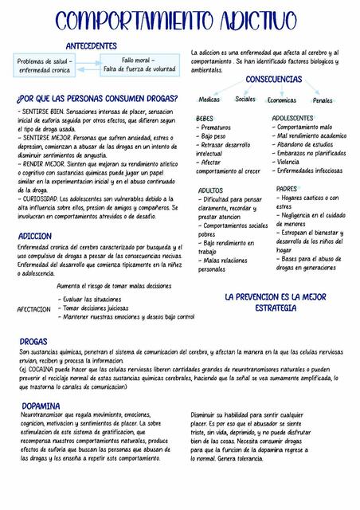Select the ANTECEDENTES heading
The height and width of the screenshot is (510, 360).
pyautogui.click(x=91, y=46)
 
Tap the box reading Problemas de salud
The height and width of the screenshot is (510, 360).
pyautogui.click(x=45, y=65)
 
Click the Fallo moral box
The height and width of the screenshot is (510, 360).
pyautogui.click(x=139, y=64)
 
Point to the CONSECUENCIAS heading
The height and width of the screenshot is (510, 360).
pyautogui.click(x=273, y=80)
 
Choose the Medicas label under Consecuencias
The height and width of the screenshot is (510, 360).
pyautogui.click(x=209, y=100)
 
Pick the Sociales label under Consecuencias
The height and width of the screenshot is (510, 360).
pyautogui.click(x=246, y=100)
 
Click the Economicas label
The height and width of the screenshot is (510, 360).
pyautogui.click(x=282, y=100)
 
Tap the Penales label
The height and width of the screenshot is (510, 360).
pyautogui.click(x=323, y=100)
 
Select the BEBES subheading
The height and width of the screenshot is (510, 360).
pyautogui.click(x=205, y=118)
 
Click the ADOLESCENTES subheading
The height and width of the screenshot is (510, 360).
pyautogui.click(x=293, y=118)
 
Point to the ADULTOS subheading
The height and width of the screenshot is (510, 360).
pyautogui.click(x=210, y=190)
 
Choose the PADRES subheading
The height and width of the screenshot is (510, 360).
pyautogui.click(x=287, y=189)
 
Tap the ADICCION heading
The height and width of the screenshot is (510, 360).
pyautogui.click(x=35, y=237)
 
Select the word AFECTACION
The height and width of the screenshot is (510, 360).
pyautogui.click(x=34, y=308)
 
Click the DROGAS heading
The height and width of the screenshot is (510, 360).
pyautogui.click(x=33, y=341)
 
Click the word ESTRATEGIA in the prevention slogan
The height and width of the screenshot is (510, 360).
pyautogui.click(x=276, y=308)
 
